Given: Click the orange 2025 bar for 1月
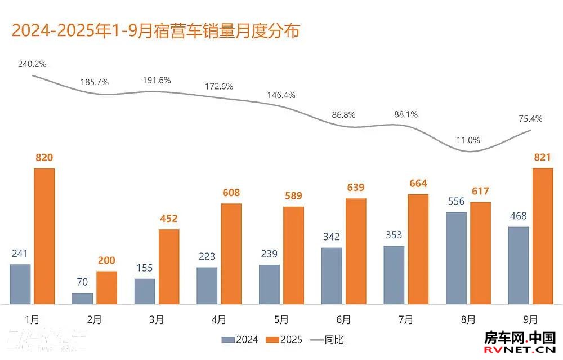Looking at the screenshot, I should tap(44, 236).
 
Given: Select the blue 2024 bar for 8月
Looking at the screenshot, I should tap(456, 258).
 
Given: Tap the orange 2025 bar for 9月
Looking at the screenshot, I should tap(543, 236).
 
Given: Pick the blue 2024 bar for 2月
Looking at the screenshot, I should tap(83, 298).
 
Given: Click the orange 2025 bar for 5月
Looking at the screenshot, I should tap(293, 255).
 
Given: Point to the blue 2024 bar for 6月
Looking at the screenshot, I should tap(332, 275).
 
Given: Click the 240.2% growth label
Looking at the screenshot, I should tap(32, 64).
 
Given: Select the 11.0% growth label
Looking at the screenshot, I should tap(468, 140).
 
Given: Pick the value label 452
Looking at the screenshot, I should tap(169, 219).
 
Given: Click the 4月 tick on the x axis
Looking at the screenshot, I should tap(220, 320).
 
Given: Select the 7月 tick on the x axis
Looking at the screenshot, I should tap(406, 320).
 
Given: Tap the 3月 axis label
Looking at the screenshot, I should tap(157, 320).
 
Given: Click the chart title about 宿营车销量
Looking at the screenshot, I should tap(155, 30).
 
